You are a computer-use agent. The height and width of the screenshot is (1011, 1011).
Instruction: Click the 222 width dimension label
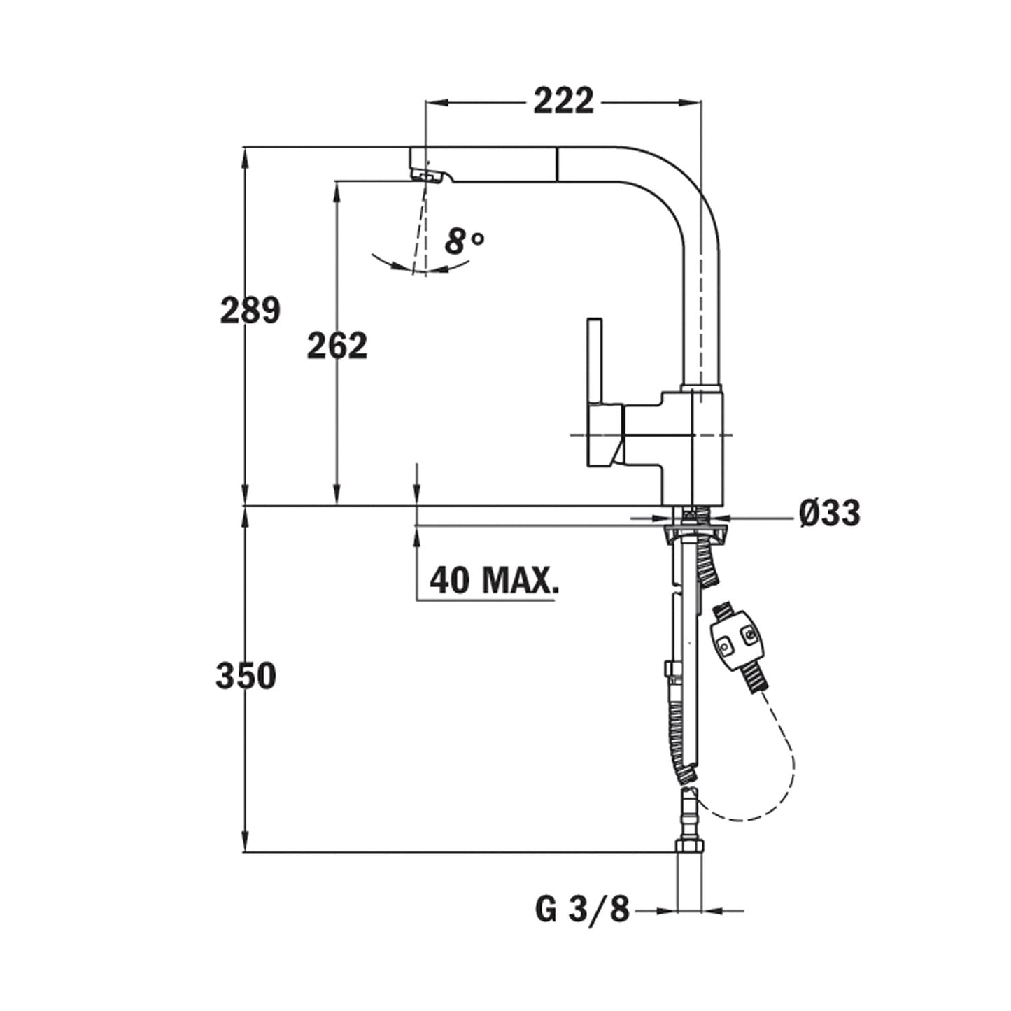click(563, 101)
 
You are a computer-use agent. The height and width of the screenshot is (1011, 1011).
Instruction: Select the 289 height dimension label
click(250, 310)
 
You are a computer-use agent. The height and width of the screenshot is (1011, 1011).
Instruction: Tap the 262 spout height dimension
click(337, 346)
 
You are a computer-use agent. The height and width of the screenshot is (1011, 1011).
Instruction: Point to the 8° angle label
click(464, 242)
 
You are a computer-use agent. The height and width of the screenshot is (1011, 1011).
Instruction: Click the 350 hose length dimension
click(246, 677)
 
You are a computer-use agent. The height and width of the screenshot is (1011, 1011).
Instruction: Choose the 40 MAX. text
click(494, 580)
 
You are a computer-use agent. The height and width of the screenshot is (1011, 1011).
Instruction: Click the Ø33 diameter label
click(829, 514)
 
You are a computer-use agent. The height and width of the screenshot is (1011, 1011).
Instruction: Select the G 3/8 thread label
click(583, 910)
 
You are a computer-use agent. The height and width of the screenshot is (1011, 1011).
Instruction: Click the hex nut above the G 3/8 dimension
click(690, 847)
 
